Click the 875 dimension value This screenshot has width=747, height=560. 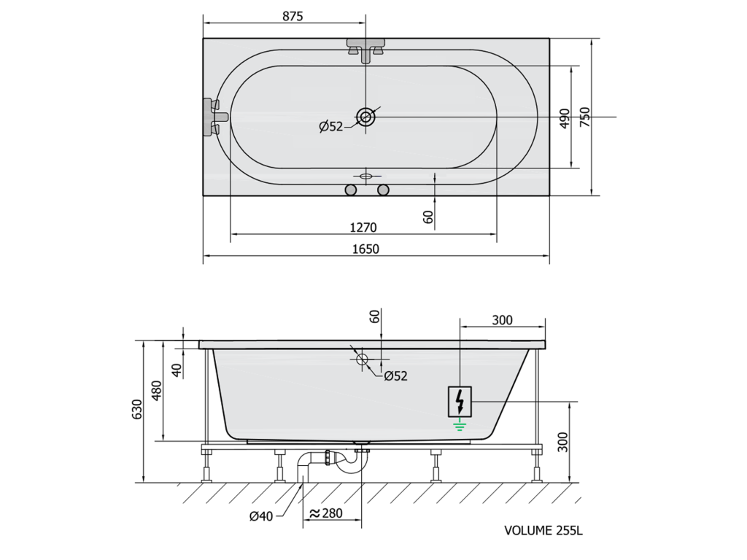(293, 16)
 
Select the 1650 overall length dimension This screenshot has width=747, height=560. (365, 249)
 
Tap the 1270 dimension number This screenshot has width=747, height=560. (363, 227)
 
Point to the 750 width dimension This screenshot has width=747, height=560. (584, 117)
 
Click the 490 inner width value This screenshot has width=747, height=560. (564, 118)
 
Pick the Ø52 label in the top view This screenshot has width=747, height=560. (331, 127)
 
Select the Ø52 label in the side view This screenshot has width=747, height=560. (396, 376)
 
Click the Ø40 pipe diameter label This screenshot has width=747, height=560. (261, 516)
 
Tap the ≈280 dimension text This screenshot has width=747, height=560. (326, 513)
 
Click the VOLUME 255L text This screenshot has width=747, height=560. (543, 531)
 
